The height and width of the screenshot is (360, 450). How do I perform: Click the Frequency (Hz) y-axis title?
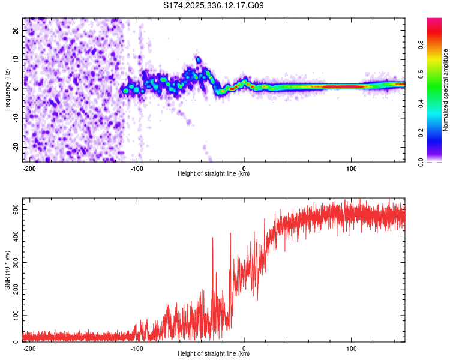[x=7, y=90]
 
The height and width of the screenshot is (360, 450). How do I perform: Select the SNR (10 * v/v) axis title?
[x=7, y=270]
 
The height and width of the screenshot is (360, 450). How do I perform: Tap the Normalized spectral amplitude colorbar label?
[x=446, y=90]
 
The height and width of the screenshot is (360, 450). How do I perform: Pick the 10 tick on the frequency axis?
[x=16, y=59]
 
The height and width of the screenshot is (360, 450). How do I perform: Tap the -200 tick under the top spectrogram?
[x=29, y=167]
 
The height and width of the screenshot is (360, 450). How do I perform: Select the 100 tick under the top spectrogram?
[x=351, y=167]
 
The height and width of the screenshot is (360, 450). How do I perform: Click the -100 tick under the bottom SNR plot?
[x=137, y=347]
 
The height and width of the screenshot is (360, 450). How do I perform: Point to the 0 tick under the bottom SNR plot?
[x=244, y=347]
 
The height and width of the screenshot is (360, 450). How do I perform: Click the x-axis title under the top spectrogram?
[x=214, y=174]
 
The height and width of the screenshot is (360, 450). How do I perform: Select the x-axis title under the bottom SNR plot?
[x=214, y=354]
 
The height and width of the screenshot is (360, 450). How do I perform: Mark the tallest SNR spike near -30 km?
[x=212, y=238]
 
